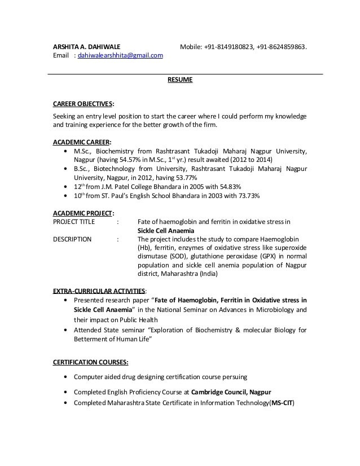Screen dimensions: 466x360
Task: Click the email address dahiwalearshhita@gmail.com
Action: (x=120, y=55)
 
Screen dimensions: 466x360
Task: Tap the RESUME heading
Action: (x=180, y=80)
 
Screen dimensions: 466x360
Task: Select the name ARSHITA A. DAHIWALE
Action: (x=86, y=46)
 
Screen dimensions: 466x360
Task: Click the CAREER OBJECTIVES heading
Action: (x=83, y=104)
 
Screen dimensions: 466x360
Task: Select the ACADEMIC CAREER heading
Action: (x=82, y=142)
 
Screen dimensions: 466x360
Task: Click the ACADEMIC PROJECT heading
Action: (x=83, y=213)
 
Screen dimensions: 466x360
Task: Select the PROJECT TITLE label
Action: (x=74, y=222)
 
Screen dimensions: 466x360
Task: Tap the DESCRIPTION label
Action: (x=72, y=239)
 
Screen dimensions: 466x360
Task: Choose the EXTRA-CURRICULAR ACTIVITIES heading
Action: (x=99, y=291)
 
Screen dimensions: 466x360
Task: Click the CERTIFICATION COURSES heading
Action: (x=90, y=362)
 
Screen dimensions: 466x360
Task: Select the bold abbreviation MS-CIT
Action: (x=282, y=403)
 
